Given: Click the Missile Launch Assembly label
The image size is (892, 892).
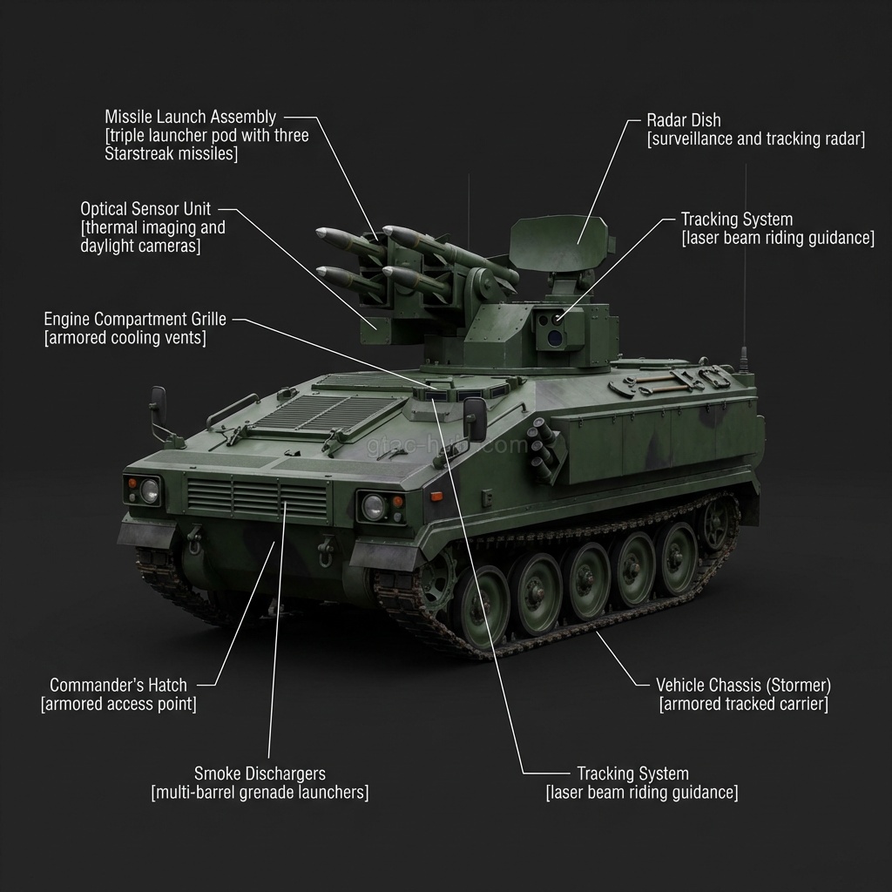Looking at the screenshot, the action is click(x=191, y=118).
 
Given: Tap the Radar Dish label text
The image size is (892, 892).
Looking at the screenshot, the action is click(x=684, y=120).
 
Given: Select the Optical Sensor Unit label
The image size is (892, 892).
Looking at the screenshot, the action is click(x=145, y=209).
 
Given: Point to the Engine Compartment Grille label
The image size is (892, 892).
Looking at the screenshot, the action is click(x=135, y=319).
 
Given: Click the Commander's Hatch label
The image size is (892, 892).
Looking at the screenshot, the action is click(x=118, y=685).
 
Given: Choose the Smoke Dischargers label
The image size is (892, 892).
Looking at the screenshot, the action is click(x=260, y=774).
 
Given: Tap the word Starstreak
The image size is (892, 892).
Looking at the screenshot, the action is click(x=139, y=153).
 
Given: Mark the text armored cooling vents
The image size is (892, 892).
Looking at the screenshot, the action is click(x=125, y=338).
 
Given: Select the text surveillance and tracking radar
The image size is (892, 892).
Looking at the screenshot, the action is click(x=756, y=139).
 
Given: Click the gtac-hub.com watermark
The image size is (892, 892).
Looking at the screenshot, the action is click(x=447, y=445).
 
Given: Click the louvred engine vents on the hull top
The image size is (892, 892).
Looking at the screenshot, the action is click(x=328, y=412).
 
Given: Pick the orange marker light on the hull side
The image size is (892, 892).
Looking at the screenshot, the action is click(x=436, y=496).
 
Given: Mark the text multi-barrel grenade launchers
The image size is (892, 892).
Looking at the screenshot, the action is click(x=260, y=793).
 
